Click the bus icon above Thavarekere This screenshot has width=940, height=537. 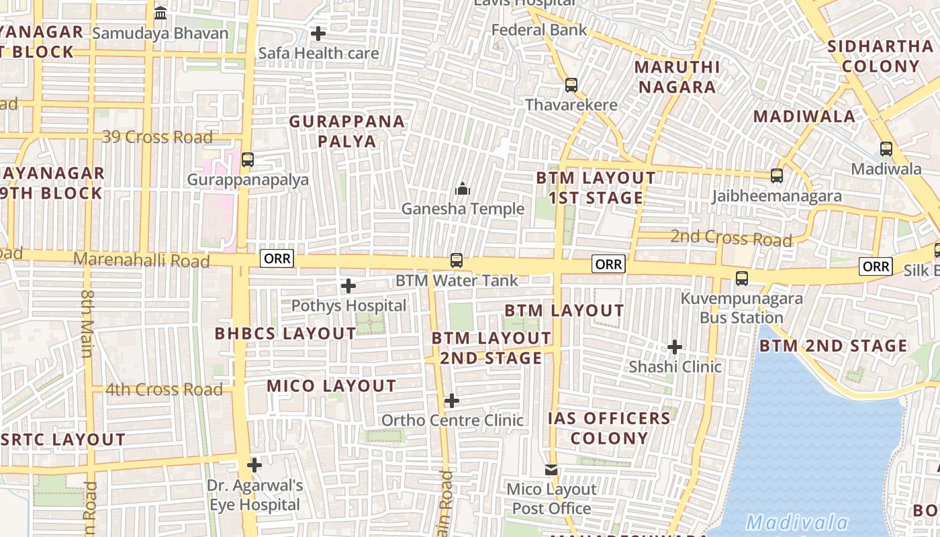pyautogui.click(x=571, y=85)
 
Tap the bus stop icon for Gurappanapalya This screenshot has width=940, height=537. pyautogui.click(x=248, y=160)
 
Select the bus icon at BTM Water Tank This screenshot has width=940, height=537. pyautogui.click(x=457, y=260)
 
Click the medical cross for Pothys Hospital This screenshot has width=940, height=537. pyautogui.click(x=348, y=286)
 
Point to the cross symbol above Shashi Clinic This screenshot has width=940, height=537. pyautogui.click(x=675, y=347)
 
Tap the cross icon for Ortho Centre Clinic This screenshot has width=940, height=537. pyautogui.click(x=452, y=401)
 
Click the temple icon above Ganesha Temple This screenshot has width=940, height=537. pyautogui.click(x=463, y=189)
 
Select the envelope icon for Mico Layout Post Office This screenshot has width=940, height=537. pyautogui.click(x=551, y=470)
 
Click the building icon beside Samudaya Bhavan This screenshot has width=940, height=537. pyautogui.click(x=160, y=13)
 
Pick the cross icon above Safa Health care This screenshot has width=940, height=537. pyautogui.click(x=318, y=33)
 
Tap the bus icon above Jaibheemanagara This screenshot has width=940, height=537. pyautogui.click(x=777, y=176)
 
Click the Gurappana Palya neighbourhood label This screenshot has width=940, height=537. pyautogui.click(x=347, y=132)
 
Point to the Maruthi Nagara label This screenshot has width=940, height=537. pyautogui.click(x=677, y=77)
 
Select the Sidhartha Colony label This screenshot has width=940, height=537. pyautogui.click(x=880, y=56)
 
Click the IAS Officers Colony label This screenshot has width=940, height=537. pyautogui.click(x=610, y=428)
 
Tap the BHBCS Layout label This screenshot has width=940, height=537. pyautogui.click(x=285, y=334)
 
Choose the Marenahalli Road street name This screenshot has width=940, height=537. pyautogui.click(x=142, y=260)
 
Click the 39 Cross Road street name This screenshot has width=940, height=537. pyautogui.click(x=157, y=137)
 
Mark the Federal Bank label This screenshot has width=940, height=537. pyautogui.click(x=539, y=30)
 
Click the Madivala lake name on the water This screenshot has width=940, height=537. pyautogui.click(x=798, y=522)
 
